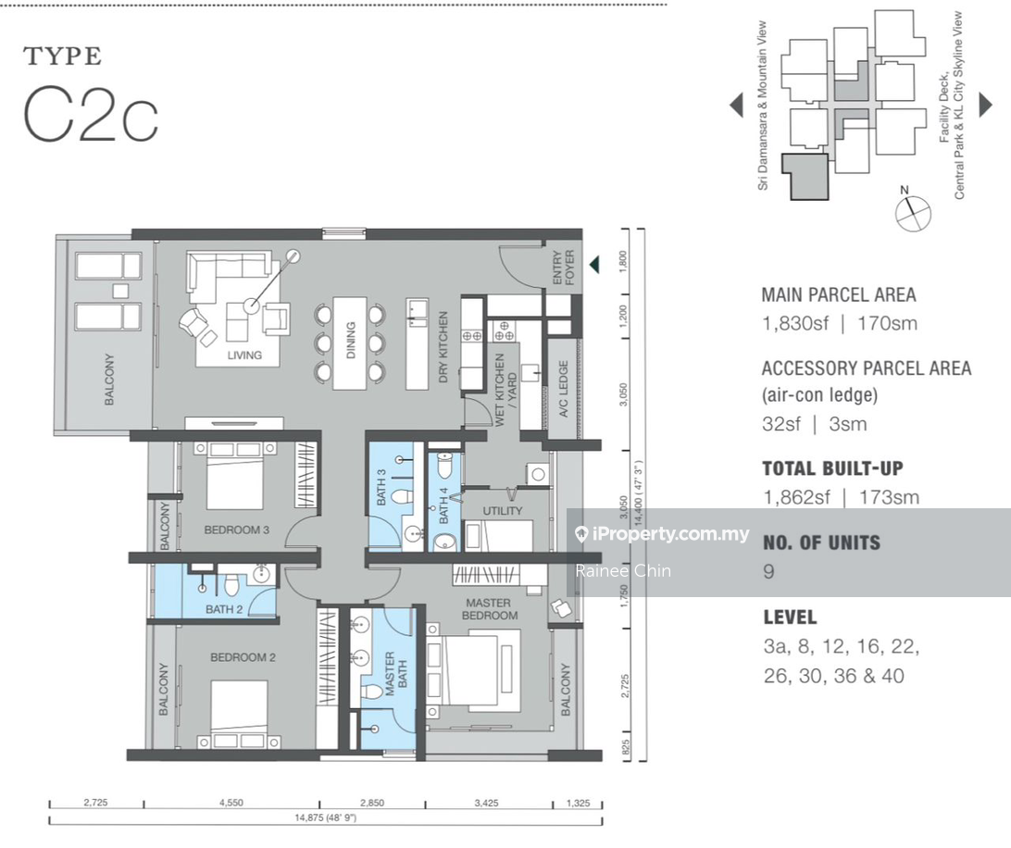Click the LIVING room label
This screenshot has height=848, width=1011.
click(244, 355)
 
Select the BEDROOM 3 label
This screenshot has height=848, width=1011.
click(237, 530)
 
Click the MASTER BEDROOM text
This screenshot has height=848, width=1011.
click(489, 609)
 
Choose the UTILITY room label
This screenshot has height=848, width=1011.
click(503, 511)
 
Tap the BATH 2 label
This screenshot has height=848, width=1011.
click(224, 609)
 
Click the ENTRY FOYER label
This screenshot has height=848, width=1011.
click(564, 268)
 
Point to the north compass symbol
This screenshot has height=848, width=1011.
click(912, 212)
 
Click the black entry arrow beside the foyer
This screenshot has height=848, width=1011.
click(594, 266)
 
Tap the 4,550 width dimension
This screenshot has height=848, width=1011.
click(231, 804)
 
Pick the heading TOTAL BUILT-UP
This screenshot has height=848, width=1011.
click(832, 468)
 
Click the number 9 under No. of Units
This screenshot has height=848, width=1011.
click(768, 571)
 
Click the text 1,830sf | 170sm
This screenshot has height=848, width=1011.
click(839, 324)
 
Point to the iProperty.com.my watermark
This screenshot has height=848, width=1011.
click(661, 534)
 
